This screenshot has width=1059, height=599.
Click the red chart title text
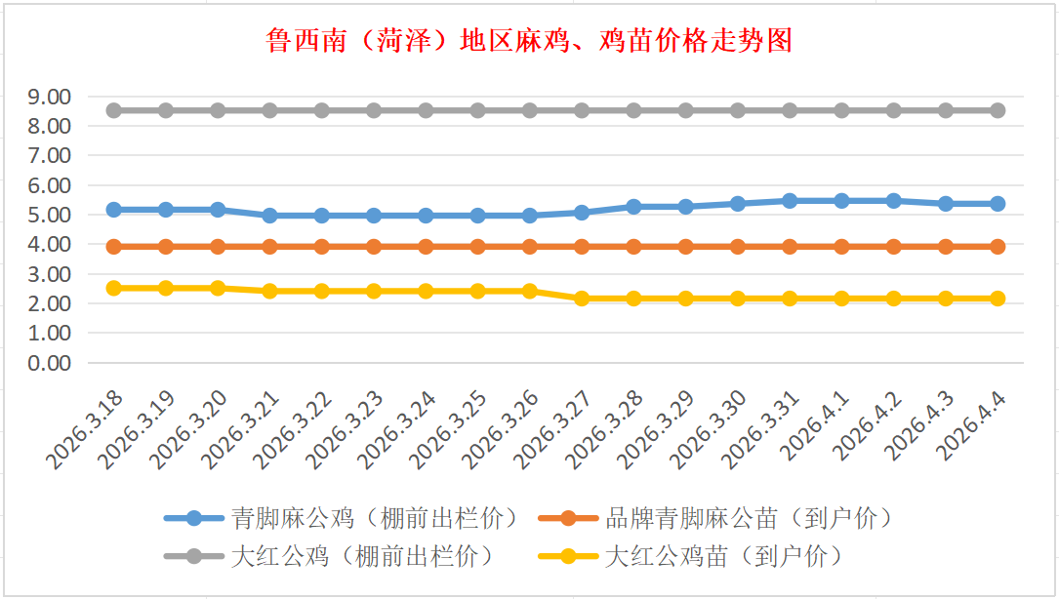click(x=528, y=41)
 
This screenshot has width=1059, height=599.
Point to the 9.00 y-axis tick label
click(x=50, y=97)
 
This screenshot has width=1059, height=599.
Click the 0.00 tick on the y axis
click(x=50, y=363)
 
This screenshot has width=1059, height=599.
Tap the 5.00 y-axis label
click(x=50, y=215)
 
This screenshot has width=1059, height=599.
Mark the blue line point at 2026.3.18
click(x=114, y=210)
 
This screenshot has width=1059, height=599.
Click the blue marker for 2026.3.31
click(x=790, y=201)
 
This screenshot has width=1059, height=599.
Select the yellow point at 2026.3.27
click(x=582, y=299)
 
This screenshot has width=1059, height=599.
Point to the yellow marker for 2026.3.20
click(x=218, y=288)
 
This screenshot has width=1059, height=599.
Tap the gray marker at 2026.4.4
click(x=998, y=110)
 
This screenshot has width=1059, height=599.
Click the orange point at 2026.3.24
click(x=426, y=247)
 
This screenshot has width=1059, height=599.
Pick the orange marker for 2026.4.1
click(x=841, y=247)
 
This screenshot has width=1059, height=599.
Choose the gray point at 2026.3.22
click(x=322, y=110)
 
